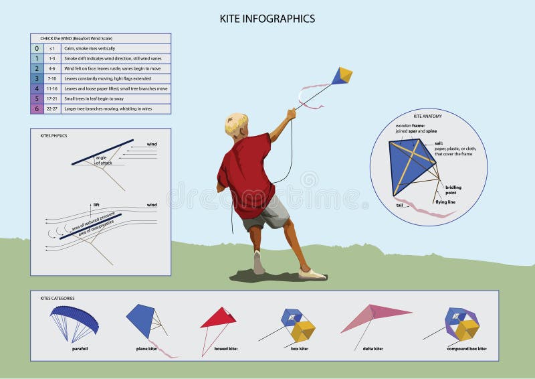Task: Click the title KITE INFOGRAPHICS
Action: (x=267, y=19)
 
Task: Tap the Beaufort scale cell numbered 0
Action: (x=37, y=49)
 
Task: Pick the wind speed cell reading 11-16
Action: (x=52, y=88)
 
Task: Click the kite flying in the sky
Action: (x=342, y=76)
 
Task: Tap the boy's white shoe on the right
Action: (x=312, y=274)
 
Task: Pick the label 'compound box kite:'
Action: (x=466, y=349)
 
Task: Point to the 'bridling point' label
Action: (x=453, y=189)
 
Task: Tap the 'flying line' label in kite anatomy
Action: (x=447, y=202)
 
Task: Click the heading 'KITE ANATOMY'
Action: (x=427, y=116)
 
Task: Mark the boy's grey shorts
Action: (x=267, y=212)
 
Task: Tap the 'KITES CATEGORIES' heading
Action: (x=58, y=297)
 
